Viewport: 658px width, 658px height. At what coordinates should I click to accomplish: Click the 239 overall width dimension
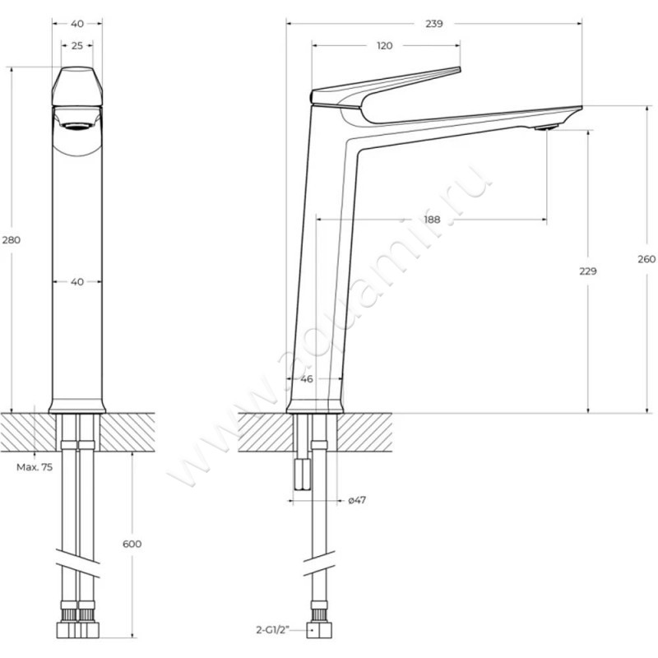434,24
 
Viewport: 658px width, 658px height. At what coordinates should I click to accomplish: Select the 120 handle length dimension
384,46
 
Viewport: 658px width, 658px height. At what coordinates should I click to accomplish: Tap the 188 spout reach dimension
432,220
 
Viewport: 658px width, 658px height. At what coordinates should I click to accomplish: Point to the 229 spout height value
588,271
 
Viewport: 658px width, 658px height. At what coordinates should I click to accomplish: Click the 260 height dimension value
646,259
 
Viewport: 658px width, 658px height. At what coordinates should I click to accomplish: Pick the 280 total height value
12,240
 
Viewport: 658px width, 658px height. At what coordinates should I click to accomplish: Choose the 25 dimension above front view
77,46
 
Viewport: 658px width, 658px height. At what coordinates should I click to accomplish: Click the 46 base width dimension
307,379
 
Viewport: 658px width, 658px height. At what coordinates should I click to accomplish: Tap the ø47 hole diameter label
357,500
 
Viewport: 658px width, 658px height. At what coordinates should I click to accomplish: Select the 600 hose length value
132,544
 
